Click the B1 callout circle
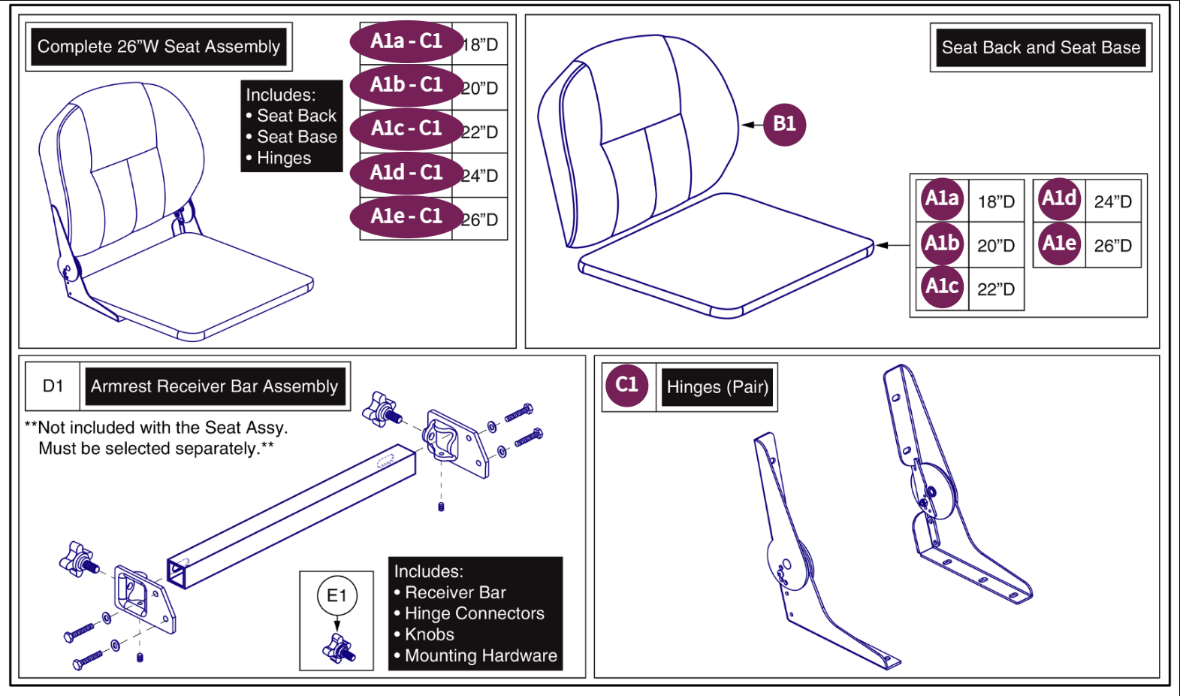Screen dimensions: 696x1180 784,124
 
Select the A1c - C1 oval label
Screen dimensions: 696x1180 406,129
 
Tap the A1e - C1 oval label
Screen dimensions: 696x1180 406,217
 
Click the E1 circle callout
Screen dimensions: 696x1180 336,596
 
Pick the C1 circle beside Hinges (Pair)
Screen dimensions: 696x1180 626,386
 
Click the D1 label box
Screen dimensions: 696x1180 53,386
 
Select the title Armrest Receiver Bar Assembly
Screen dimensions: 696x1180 215,386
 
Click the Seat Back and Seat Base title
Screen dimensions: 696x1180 1040,48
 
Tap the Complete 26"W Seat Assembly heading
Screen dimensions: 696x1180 158,47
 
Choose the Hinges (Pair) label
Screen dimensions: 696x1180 717,387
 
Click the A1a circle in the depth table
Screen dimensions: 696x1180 942,199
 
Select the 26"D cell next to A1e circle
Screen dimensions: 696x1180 1112,246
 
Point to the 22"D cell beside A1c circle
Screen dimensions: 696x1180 996,289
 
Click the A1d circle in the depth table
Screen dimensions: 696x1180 1059,199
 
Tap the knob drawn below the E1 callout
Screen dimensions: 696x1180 339,649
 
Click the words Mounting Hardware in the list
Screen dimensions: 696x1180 481,655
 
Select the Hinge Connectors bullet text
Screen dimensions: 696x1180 474,613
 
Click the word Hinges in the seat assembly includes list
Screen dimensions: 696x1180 284,158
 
